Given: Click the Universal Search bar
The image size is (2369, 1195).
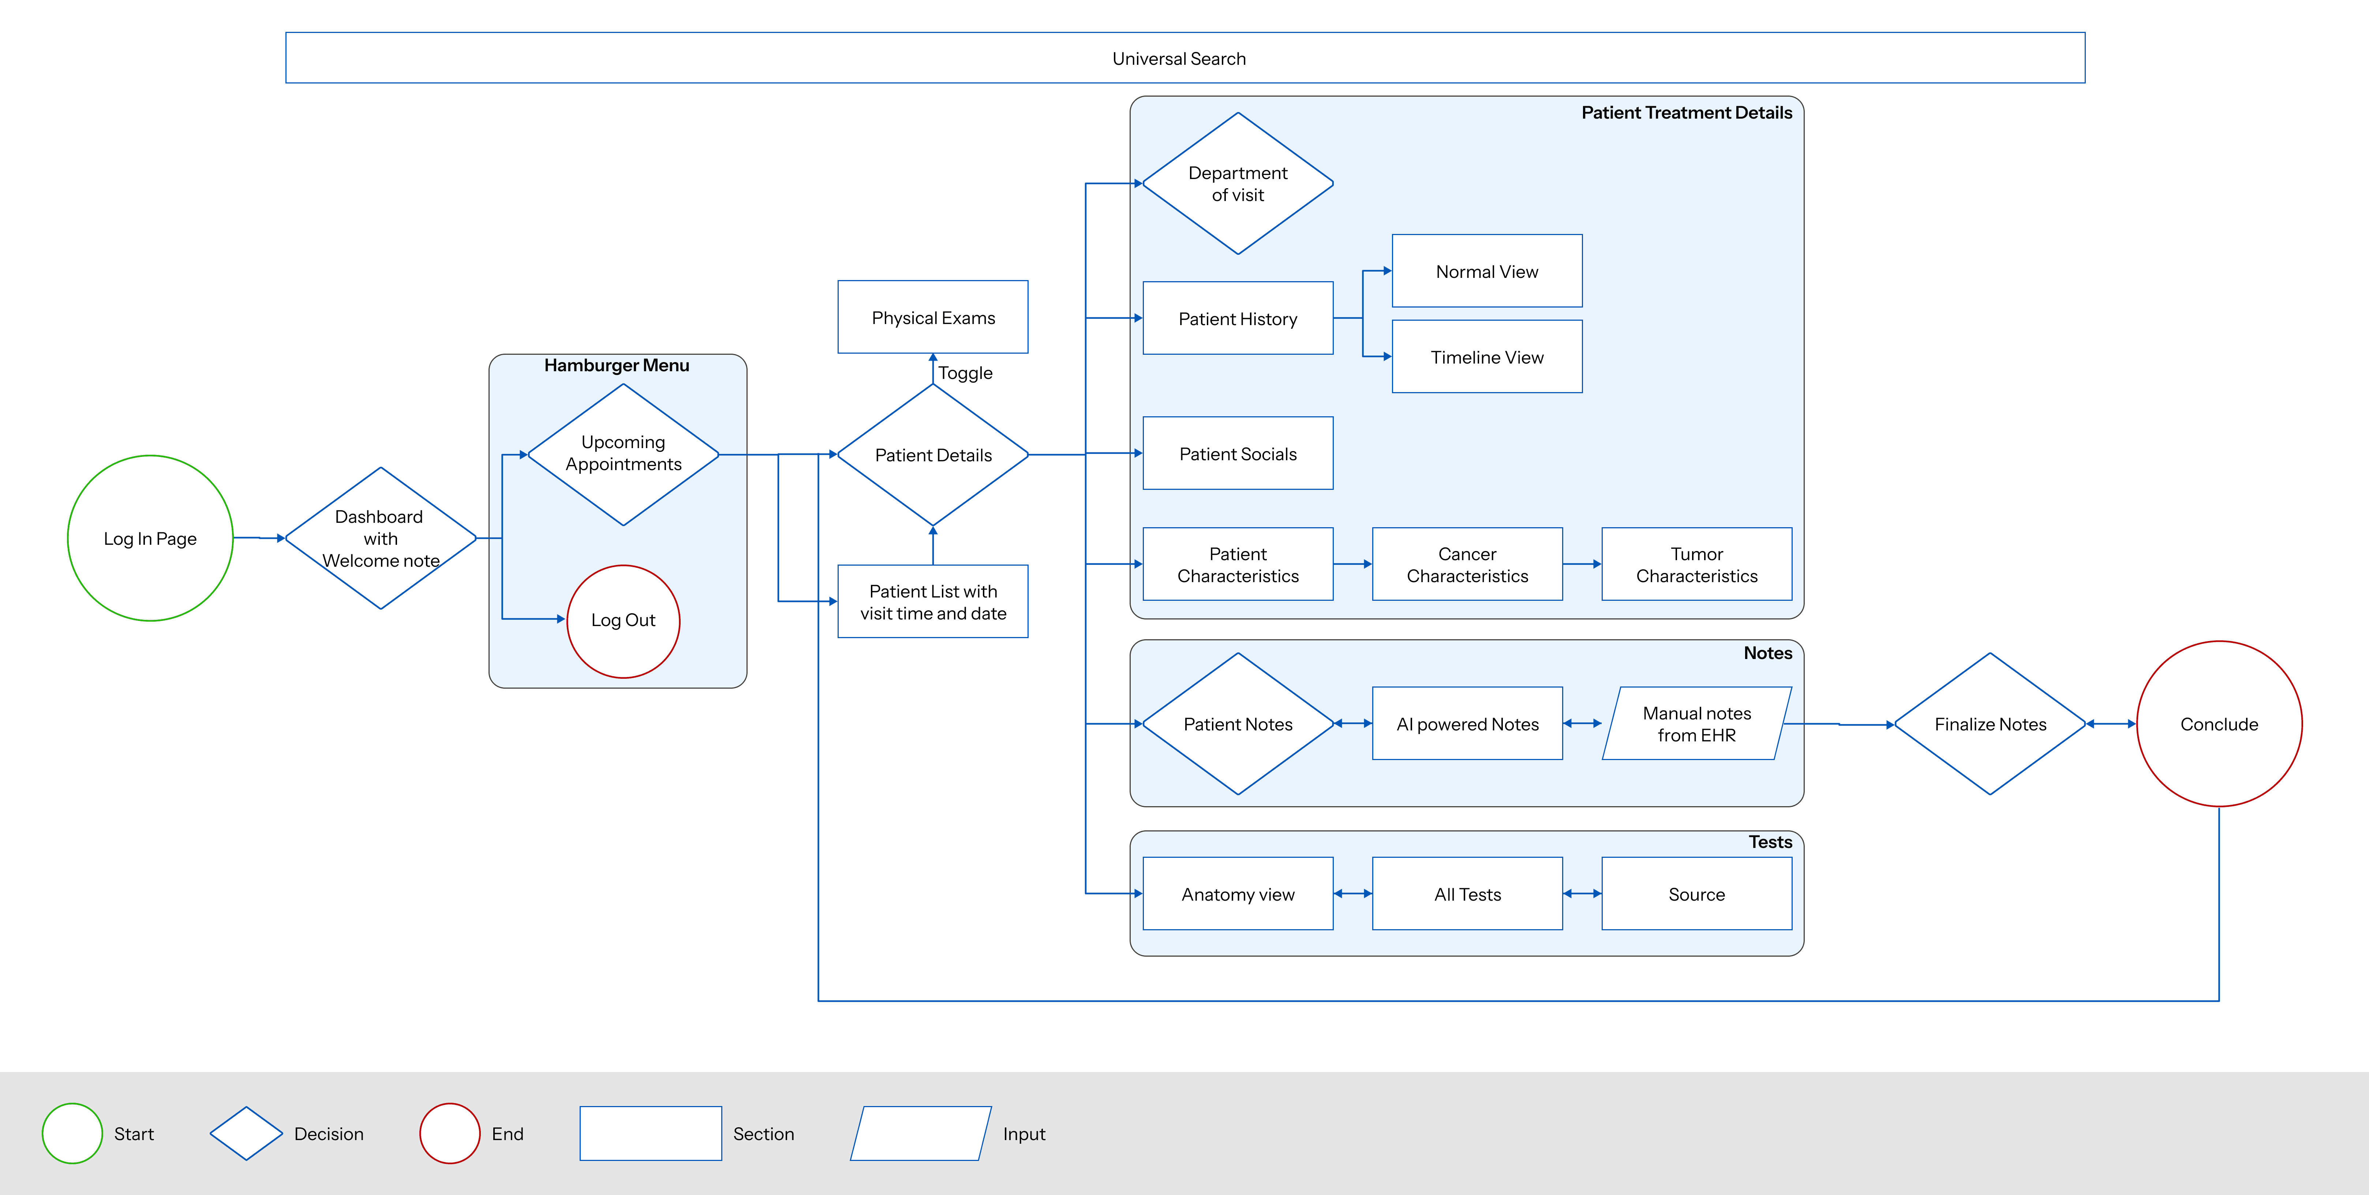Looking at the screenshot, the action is (x=1184, y=58).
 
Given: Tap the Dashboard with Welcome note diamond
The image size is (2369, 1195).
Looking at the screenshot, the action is (x=381, y=538).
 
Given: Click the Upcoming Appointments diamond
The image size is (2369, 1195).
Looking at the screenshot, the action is (x=624, y=454).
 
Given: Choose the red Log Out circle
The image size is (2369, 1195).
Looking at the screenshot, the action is (x=624, y=621).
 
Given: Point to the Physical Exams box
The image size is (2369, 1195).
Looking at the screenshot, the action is (x=932, y=317).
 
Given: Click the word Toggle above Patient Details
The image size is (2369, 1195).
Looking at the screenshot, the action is (x=965, y=373).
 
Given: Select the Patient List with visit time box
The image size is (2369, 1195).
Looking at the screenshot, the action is (x=932, y=602).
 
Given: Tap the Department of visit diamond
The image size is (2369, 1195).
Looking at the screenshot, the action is (x=1238, y=183).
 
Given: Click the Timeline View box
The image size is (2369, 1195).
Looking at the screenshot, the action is (x=1487, y=357).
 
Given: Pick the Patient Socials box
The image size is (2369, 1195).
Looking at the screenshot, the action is (x=1238, y=454).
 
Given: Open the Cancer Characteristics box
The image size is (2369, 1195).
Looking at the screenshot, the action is (x=1467, y=564).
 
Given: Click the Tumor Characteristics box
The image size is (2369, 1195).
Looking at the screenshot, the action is (x=1697, y=564).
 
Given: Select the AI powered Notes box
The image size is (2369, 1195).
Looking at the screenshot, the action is (x=1467, y=723).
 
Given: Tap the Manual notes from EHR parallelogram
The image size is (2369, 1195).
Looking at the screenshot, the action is (x=1697, y=723).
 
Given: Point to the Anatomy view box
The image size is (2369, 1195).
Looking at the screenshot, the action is (x=1238, y=893).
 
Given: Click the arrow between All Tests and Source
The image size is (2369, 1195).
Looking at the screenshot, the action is (x=1582, y=893).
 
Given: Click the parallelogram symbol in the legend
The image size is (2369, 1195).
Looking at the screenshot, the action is (x=921, y=1133).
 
